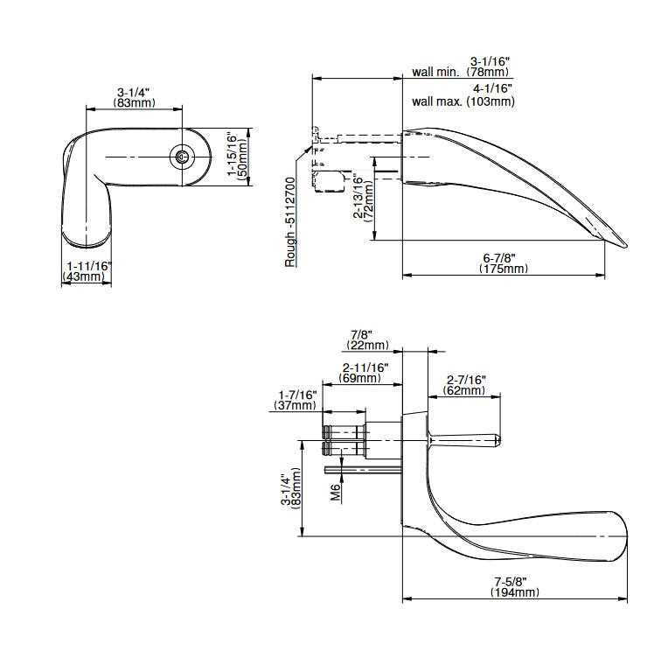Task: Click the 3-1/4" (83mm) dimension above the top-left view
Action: (135, 97)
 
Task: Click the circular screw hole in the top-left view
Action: (182, 157)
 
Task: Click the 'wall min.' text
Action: (434, 73)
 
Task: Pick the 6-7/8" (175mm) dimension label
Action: (504, 262)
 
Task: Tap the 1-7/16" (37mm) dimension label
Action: (297, 400)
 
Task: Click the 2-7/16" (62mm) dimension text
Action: (465, 385)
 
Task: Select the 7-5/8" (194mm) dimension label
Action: (515, 587)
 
